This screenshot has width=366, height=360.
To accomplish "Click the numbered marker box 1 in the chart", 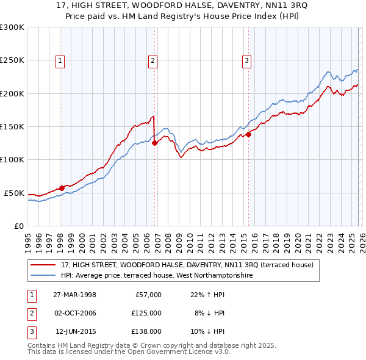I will (61, 60).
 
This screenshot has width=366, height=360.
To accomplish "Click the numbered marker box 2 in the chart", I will (152, 60).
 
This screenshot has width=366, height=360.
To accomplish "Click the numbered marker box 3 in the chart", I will (246, 60).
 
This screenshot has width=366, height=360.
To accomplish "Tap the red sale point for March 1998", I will (62, 188).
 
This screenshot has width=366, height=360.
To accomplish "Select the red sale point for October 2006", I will (154, 143).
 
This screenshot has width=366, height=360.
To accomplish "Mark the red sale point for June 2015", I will (248, 135).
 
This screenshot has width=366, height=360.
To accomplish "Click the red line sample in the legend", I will (44, 265).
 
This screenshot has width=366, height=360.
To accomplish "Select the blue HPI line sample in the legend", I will (44, 275).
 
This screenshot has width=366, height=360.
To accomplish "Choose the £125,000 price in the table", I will (146, 313).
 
